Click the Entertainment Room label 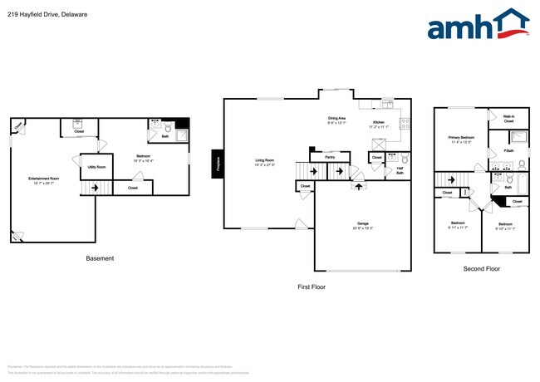[43, 180]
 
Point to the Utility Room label [96, 167]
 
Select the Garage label [362, 223]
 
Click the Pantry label [330, 156]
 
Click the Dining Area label [336, 119]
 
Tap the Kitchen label [379, 123]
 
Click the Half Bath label [400, 170]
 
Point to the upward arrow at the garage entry [359, 187]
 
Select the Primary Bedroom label [461, 138]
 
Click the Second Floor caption [482, 269]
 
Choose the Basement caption [100, 258]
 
